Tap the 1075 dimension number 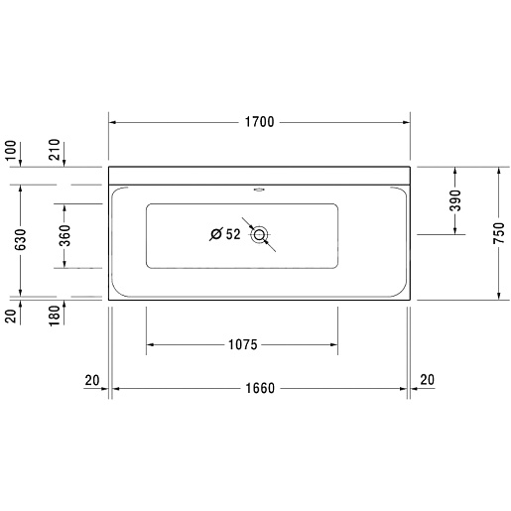click(x=242, y=345)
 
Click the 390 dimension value click(x=456, y=200)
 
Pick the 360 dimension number click(x=64, y=235)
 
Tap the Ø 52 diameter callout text click(x=226, y=235)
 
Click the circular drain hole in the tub click(x=260, y=235)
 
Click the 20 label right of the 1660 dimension click(x=427, y=379)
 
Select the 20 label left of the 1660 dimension click(x=92, y=379)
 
